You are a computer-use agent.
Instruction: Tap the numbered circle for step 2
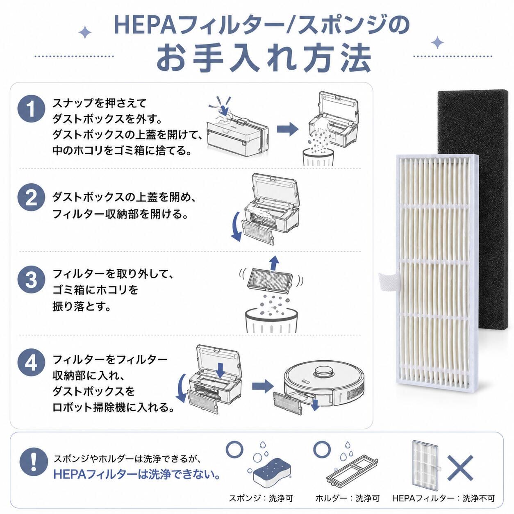[31, 198]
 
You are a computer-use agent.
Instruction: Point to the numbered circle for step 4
[31, 363]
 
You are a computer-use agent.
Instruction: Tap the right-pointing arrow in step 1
[288, 130]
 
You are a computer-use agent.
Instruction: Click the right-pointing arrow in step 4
[263, 387]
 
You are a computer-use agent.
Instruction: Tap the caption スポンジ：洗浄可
[261, 498]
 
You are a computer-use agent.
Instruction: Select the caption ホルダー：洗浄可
[347, 498]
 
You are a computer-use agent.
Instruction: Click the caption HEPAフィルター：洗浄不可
[443, 498]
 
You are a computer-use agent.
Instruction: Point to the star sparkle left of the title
[85, 32]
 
